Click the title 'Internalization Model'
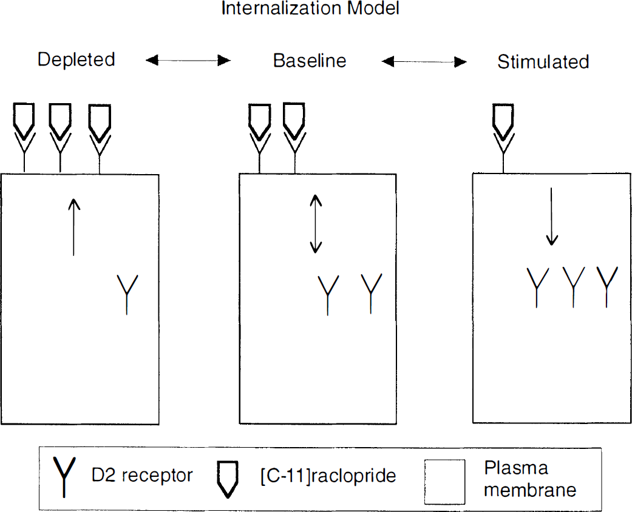tap(310, 8)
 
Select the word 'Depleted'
tap(76, 59)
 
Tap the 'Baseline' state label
tap(310, 61)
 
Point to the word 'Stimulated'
tap(543, 62)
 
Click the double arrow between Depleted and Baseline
tap(188, 61)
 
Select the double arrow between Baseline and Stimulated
tap(424, 62)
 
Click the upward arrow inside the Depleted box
tap(73, 227)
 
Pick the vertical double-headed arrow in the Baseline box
tap(316, 224)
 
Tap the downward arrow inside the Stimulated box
tap(551, 217)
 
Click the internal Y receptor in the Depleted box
tap(127, 294)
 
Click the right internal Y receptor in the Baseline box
tap(371, 293)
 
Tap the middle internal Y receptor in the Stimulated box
tap(573, 287)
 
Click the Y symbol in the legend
tap(64, 477)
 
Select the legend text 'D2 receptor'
tap(142, 476)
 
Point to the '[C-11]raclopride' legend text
tap(328, 476)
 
